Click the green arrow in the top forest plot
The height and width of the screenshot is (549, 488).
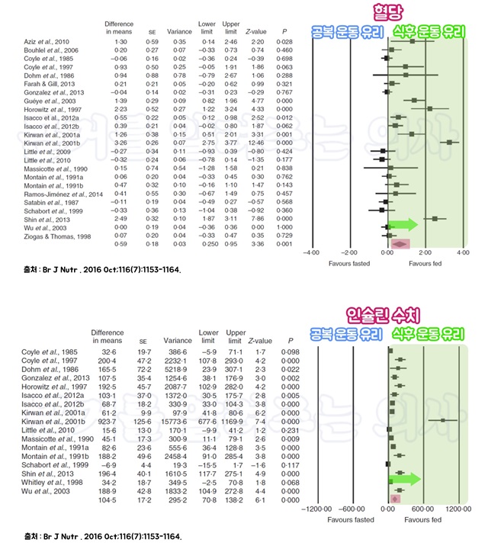[403, 225]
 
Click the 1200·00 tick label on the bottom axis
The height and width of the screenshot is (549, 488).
[457, 508]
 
